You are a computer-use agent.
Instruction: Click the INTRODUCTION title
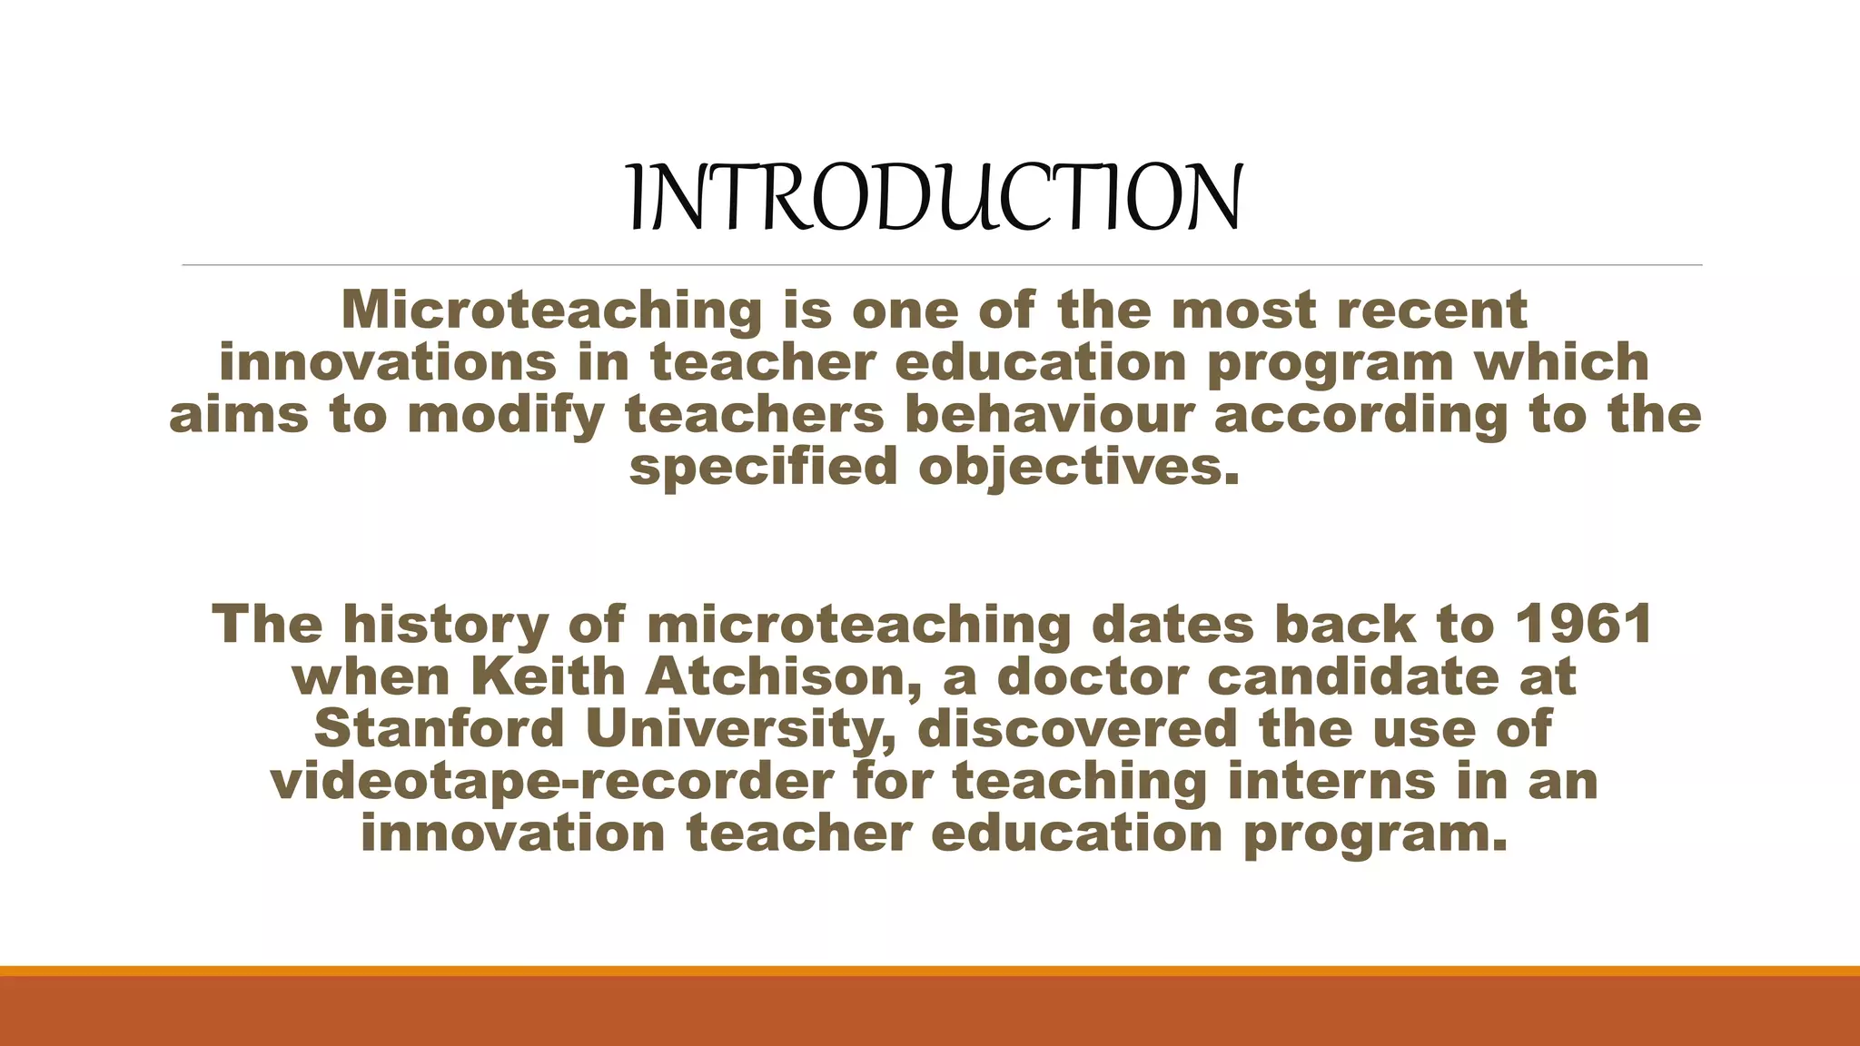click(935, 197)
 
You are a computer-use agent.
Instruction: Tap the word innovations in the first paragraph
click(388, 363)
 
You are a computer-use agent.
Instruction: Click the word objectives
click(1079, 468)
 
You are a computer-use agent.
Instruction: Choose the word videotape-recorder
click(551, 782)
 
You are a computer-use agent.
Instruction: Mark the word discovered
click(1077, 729)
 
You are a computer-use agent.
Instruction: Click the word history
click(446, 625)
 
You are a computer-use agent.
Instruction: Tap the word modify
click(506, 415)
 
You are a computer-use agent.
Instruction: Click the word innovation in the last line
click(513, 834)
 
